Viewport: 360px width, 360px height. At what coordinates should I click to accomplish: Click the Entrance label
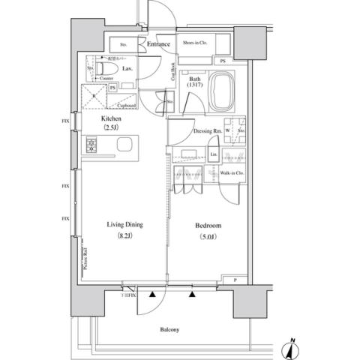pos(158,45)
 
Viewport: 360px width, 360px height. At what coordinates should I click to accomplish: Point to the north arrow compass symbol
pos(291,349)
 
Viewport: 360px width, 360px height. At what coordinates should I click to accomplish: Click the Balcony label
pos(169,330)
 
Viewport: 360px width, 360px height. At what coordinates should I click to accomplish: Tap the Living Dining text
pos(124,224)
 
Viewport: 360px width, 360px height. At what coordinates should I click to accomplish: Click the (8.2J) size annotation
pos(124,237)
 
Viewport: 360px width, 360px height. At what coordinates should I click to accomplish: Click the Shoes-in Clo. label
pos(196,43)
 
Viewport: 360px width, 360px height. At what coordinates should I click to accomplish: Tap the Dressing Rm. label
pos(206,131)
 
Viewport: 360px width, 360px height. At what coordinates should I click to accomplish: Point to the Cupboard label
pos(126,106)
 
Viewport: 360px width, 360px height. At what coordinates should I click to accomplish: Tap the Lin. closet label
pos(213,155)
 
